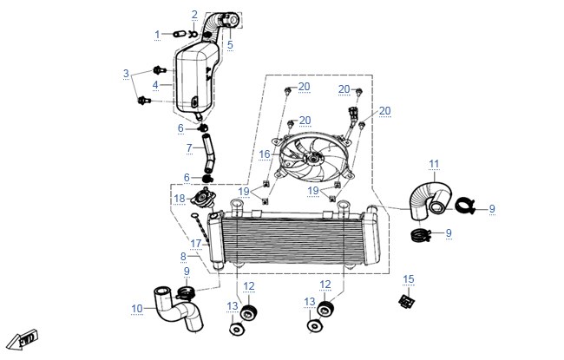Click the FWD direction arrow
pos(23,339)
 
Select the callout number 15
pos(409,279)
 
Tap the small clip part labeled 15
pos(407,301)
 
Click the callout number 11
pos(434,164)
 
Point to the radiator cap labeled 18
pos(203,198)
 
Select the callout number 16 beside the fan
pos(265,154)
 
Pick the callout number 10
pos(137,309)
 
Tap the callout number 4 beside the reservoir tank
pos(155,85)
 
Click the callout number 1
pos(157,35)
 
